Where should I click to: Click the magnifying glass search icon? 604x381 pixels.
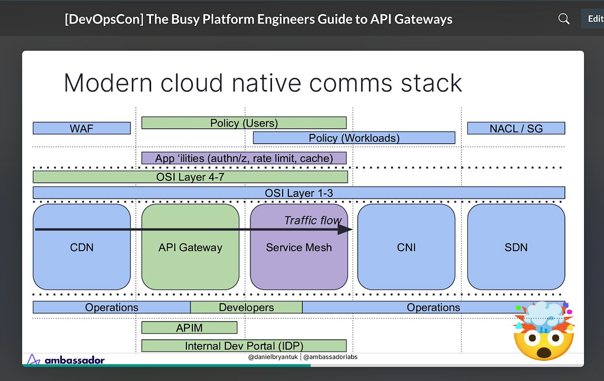(x=563, y=18)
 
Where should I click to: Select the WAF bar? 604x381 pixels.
(x=81, y=129)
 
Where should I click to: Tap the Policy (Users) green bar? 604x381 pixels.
(x=244, y=123)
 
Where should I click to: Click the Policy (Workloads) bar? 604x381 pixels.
(x=354, y=138)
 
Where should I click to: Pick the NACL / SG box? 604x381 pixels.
(x=516, y=129)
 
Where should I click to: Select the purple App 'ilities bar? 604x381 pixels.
(x=244, y=158)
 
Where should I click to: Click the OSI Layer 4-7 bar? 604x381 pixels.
(x=191, y=177)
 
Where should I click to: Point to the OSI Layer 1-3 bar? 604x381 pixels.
(x=299, y=193)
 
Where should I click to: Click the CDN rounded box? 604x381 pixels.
(x=81, y=247)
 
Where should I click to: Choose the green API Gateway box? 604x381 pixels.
(x=191, y=247)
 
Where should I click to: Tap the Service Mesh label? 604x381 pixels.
(x=299, y=247)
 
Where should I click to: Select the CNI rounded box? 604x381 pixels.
(x=406, y=247)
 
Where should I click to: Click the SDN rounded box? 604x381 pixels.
(x=516, y=247)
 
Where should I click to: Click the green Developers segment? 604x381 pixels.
(x=247, y=307)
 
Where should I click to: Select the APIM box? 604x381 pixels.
(x=189, y=328)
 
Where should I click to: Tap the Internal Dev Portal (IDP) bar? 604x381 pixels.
(x=244, y=346)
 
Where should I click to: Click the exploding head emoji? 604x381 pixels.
(x=544, y=331)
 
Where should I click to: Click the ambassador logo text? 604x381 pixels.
(x=75, y=360)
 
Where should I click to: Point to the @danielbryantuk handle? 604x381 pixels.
(x=273, y=357)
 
